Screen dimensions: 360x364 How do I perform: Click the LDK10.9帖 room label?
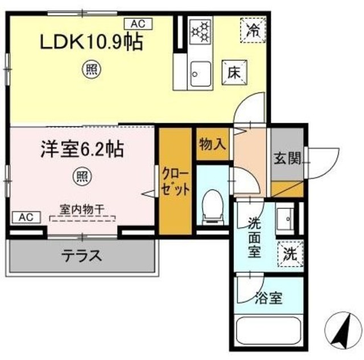(x=89, y=42)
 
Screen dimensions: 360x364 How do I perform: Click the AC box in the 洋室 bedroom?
(x=25, y=217)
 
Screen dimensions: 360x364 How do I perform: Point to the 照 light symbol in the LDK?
(x=91, y=70)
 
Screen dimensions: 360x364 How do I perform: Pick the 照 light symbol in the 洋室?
(x=81, y=177)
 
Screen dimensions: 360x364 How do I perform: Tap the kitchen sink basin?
(x=200, y=72)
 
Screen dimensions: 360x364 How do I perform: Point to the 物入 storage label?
(x=212, y=145)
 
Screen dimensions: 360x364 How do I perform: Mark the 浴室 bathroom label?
(x=269, y=298)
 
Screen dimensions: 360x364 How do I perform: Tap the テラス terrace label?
(x=82, y=255)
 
